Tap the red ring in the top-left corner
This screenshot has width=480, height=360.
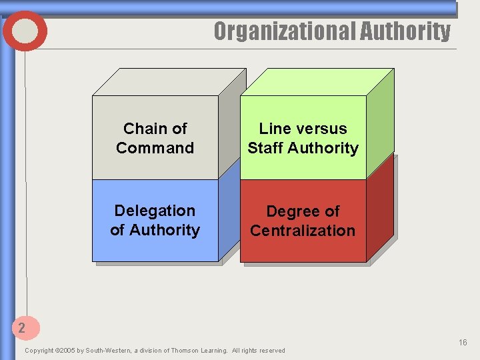[x=25, y=31]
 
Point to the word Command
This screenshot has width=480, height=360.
[x=155, y=148]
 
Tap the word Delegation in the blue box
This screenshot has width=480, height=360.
[x=155, y=211]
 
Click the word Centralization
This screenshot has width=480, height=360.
[x=303, y=231]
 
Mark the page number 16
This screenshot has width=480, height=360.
[x=463, y=343]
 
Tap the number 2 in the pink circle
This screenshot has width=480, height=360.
[x=22, y=327]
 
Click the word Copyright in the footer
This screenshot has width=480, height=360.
[x=38, y=351]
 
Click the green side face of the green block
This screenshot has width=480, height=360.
[x=379, y=127]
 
